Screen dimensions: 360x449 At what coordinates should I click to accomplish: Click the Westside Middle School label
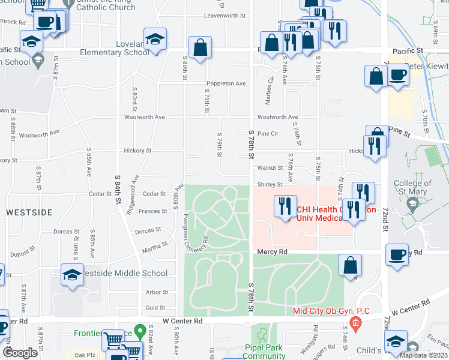coord(124,273)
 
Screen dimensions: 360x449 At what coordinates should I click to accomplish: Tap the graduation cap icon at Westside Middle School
coord(73,275)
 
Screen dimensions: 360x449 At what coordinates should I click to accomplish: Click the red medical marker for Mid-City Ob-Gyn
coord(355,325)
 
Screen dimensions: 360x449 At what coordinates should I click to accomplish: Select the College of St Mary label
coord(411,187)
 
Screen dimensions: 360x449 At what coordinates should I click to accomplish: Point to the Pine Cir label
coord(268,133)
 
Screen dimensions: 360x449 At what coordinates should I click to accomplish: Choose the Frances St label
coord(153,211)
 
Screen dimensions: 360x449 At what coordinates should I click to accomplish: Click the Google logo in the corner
coord(20,353)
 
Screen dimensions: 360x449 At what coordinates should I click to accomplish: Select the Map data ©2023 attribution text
coord(424,355)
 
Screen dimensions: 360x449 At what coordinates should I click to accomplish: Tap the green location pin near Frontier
coord(140,331)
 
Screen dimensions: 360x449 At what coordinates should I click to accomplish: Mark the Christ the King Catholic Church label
coord(127,5)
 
